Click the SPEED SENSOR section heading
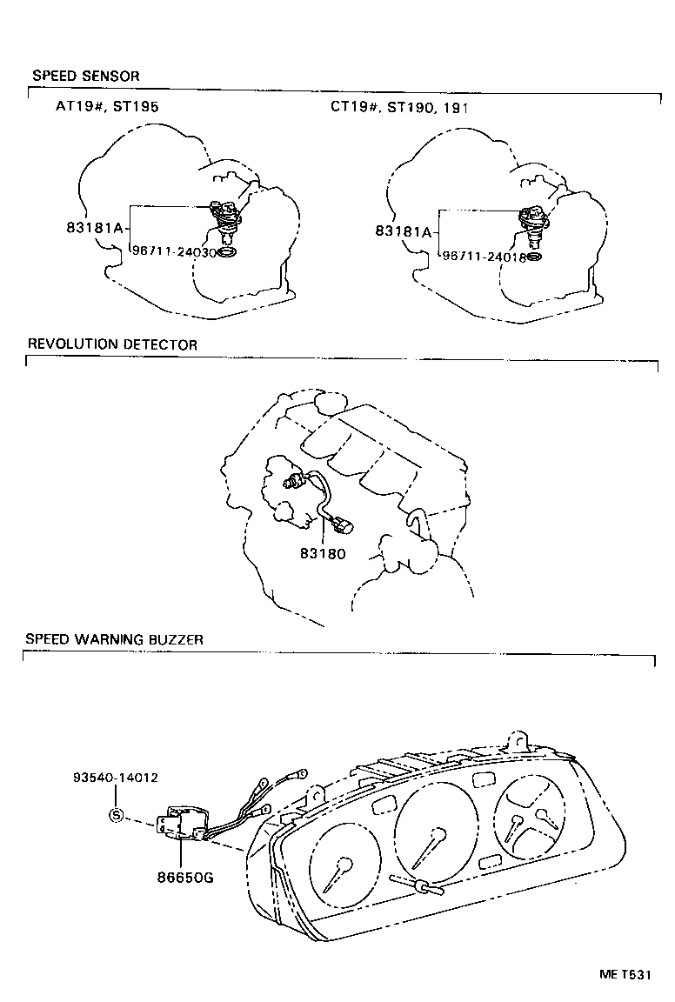coord(85,77)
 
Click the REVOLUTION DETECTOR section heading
coord(112,344)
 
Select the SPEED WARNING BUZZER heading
coord(114,639)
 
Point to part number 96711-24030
coord(173,250)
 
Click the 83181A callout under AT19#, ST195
coord(96,229)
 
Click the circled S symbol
coord(116,815)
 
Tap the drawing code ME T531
coord(623,974)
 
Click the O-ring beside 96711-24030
coord(227,251)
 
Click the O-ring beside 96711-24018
coord(536,257)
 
